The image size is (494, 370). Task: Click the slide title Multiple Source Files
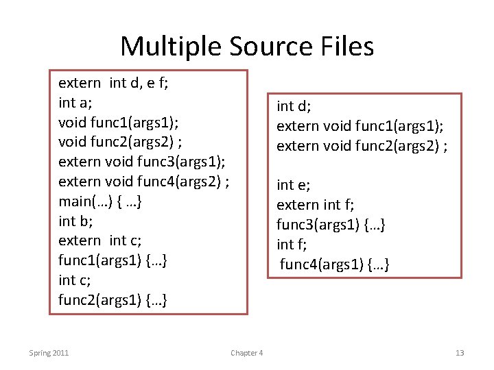point(247,47)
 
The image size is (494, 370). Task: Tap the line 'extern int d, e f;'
point(114,84)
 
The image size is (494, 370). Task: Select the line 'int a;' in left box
point(75,103)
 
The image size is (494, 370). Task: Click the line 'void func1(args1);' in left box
point(119,123)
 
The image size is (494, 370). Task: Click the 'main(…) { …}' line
point(101,202)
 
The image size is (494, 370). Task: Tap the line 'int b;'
point(75,221)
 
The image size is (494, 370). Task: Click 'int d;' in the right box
point(294,106)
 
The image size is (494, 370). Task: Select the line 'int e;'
point(293,185)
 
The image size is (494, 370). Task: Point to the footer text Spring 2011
point(49,353)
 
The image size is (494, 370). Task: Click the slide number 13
point(460,353)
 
